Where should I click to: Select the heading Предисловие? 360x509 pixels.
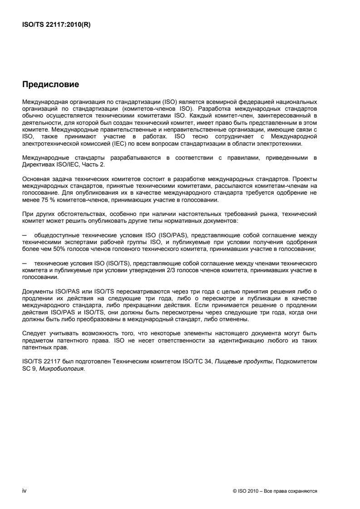[50, 84]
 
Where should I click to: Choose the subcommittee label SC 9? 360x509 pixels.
[29, 369]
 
